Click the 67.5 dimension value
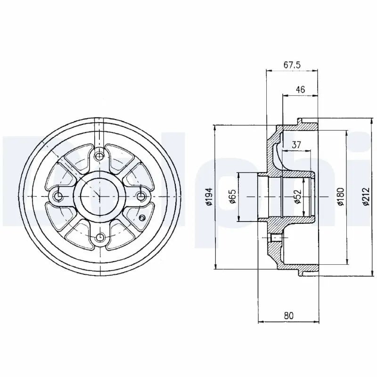coord(292,65)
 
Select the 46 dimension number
coord(300,90)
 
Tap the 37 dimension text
coord(296,145)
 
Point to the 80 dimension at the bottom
coord(289,315)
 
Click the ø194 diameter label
coord(209,197)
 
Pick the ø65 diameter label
coord(232,197)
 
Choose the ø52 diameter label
coord(298,197)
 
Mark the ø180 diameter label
coord(341,197)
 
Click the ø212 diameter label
coord(366,197)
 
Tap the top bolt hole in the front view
coord(99,156)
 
